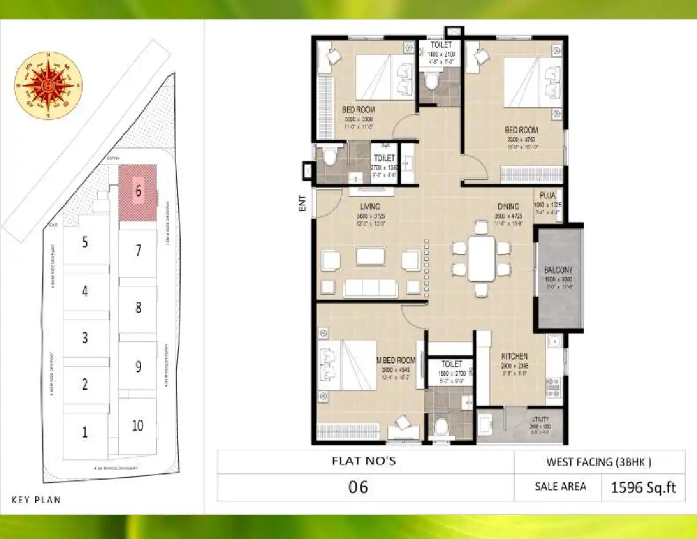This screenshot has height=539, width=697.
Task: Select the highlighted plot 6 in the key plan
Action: (138, 192)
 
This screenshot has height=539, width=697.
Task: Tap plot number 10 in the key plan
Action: (137, 425)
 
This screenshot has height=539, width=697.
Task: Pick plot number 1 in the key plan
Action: (85, 433)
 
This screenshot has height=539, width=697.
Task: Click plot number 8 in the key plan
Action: (138, 306)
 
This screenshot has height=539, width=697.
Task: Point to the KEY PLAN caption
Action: (36, 500)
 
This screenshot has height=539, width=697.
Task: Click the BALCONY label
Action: (557, 269)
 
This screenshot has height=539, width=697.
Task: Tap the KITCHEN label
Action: (514, 356)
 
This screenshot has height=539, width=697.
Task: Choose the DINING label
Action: (508, 207)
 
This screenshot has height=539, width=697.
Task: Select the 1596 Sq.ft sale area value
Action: (644, 487)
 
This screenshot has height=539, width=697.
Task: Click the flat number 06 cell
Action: (358, 487)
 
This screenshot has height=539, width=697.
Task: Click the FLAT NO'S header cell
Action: (364, 461)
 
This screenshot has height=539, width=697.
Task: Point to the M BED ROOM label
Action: (397, 360)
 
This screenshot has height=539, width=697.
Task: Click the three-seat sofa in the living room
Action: (370, 287)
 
